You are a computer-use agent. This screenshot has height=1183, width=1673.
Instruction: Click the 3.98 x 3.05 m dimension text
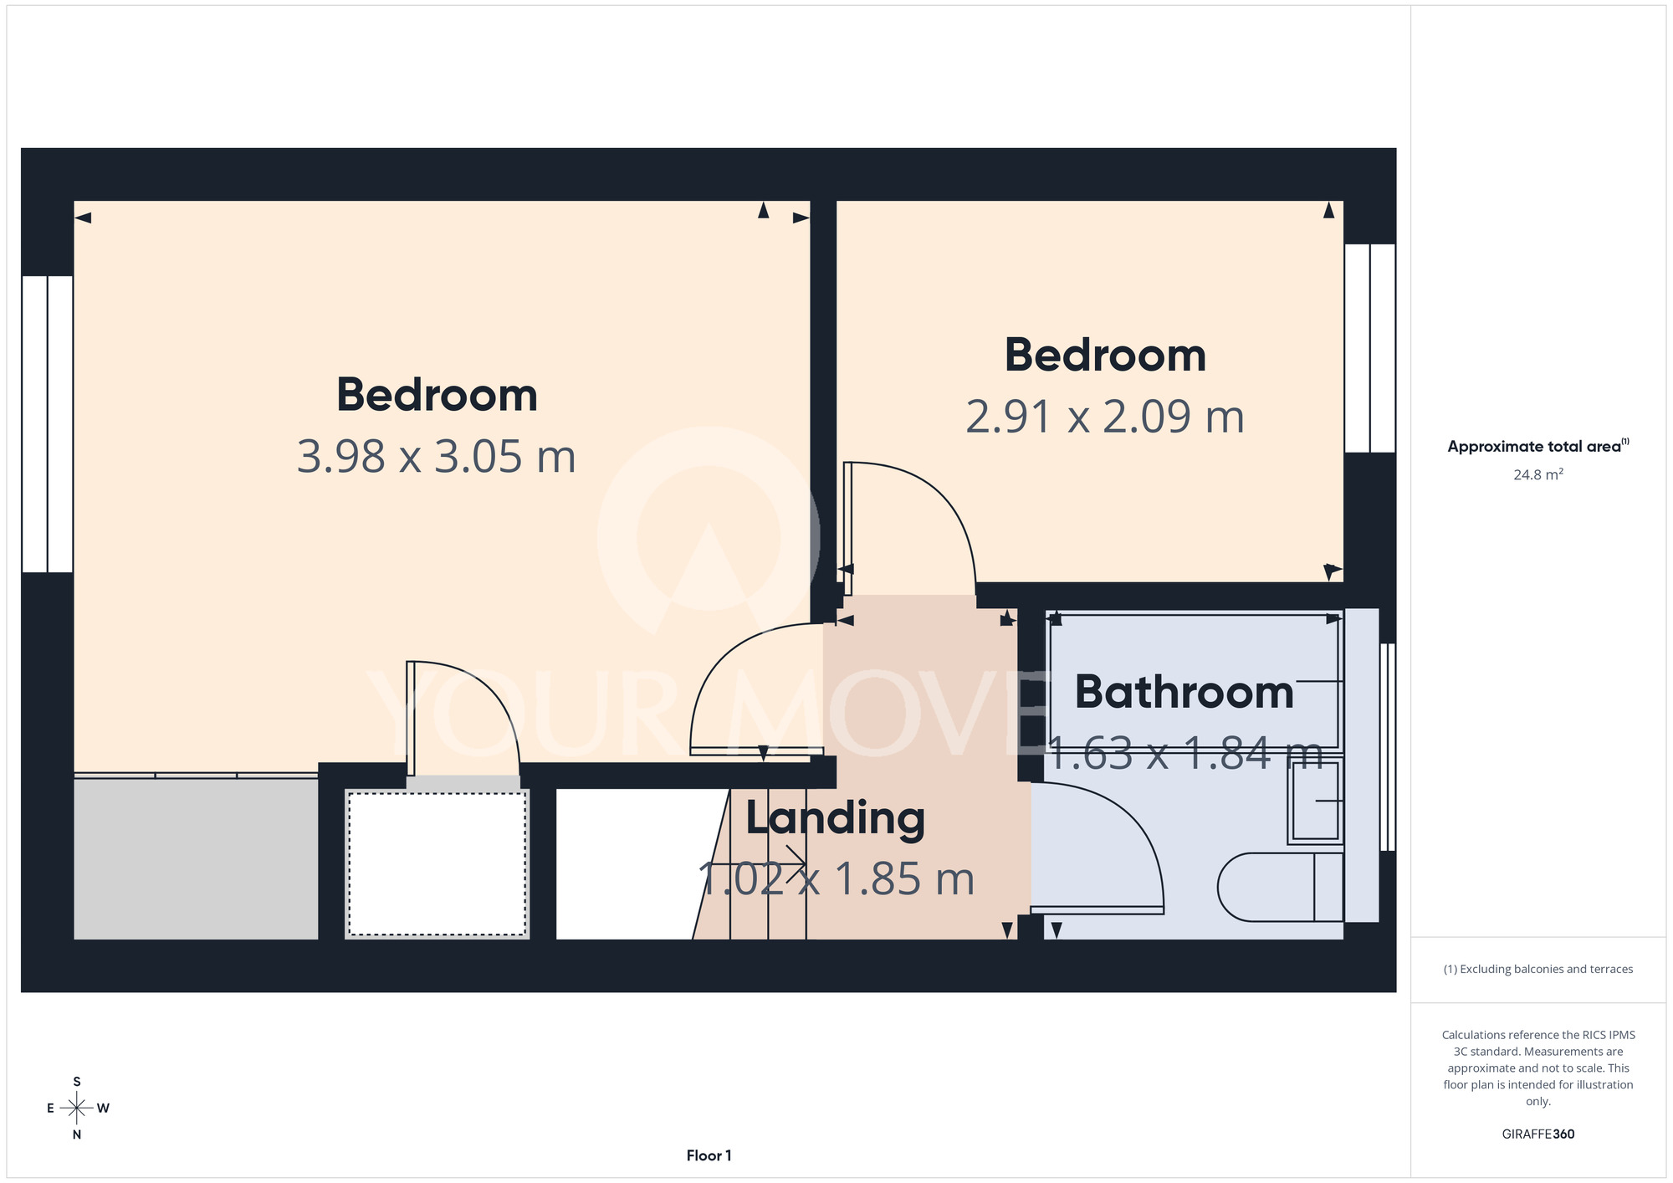click(437, 457)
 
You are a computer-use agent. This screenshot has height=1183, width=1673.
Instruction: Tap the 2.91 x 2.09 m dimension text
click(1105, 417)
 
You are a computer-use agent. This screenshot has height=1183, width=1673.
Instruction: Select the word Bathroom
click(1184, 692)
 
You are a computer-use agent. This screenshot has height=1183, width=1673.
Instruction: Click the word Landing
click(835, 819)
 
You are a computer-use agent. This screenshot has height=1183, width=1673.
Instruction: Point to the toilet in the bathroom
click(1280, 887)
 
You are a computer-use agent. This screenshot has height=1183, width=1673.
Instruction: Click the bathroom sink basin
click(1316, 801)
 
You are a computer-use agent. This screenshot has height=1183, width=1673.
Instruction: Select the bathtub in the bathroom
click(1194, 681)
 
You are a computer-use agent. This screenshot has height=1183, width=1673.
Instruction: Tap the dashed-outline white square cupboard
click(437, 863)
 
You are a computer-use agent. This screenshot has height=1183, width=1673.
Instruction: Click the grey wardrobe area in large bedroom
click(196, 858)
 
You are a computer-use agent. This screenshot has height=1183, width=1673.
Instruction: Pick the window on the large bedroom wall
click(48, 424)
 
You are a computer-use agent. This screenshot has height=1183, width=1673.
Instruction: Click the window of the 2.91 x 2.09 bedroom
click(1369, 348)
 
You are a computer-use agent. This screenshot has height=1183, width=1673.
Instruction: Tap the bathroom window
click(1387, 747)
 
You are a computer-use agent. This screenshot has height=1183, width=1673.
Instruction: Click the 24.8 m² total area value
click(1538, 474)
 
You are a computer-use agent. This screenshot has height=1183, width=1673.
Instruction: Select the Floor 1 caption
click(709, 1155)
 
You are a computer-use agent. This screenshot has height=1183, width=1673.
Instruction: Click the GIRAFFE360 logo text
click(1538, 1134)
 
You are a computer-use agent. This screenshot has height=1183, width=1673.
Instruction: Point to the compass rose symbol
click(77, 1109)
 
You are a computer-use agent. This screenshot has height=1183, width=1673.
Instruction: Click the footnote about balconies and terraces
click(1538, 970)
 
